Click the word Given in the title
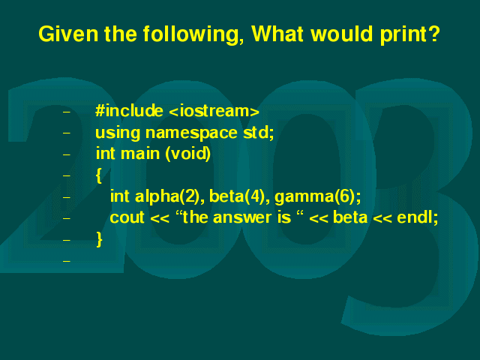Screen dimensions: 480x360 68,33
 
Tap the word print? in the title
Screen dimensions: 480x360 410,34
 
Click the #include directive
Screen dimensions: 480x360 129,110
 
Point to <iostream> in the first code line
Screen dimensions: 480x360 214,111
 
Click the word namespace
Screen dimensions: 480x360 191,133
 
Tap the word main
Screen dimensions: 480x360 140,153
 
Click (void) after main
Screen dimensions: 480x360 188,154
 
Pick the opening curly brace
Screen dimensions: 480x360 98,175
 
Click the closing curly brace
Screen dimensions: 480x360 99,239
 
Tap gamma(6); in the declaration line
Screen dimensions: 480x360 318,196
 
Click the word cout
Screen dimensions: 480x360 127,218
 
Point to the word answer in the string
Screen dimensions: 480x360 242,218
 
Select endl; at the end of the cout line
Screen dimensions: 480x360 418,217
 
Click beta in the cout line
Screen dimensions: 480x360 350,217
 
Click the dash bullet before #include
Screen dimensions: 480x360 67,112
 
